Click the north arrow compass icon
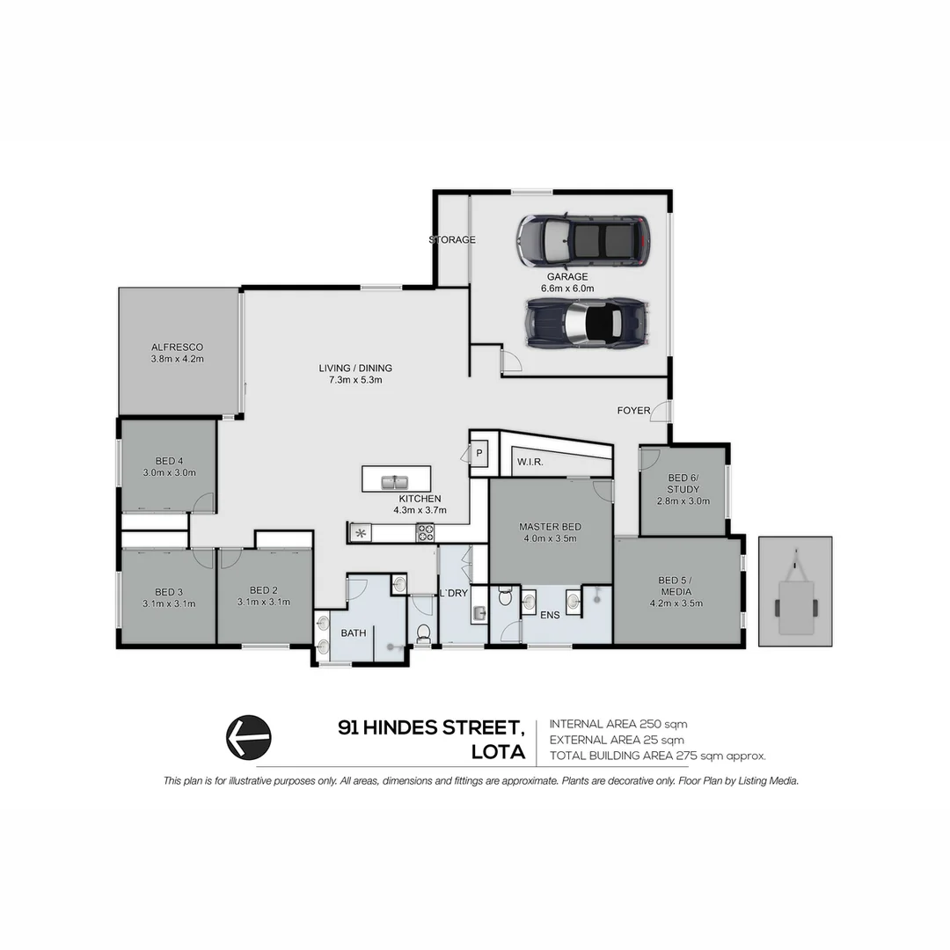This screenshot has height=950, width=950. (249, 737)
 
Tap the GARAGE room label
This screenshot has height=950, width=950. (567, 276)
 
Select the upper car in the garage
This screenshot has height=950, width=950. (583, 240)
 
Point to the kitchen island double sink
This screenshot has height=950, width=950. (396, 481)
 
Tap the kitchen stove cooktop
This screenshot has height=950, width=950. (425, 532)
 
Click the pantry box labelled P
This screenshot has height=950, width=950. (479, 453)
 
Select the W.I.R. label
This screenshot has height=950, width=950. (530, 462)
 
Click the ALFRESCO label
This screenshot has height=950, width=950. (177, 347)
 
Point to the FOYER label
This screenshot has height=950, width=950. (633, 411)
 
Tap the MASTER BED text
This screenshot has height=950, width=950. (550, 527)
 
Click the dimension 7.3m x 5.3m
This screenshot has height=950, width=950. (355, 380)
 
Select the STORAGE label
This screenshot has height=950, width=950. (452, 240)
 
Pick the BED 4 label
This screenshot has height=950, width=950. (169, 461)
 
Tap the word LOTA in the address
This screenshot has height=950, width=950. (499, 753)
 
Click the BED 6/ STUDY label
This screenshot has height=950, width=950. (683, 484)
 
